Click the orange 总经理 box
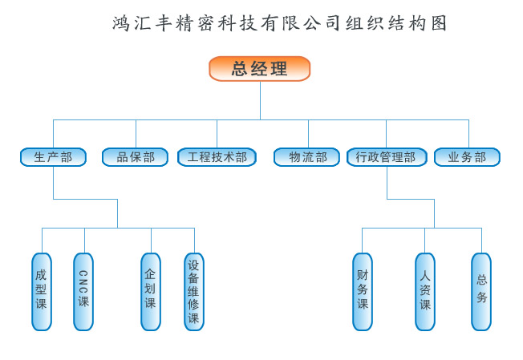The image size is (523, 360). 259,69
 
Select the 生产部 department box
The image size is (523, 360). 53,157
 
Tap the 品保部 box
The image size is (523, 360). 135,157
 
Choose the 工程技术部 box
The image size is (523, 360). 217,157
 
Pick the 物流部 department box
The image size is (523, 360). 308,157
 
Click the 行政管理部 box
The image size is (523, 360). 386,157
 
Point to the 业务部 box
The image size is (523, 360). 467,157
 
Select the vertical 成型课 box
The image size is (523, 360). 42,291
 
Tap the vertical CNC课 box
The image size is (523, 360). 83,291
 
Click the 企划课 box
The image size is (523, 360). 151,291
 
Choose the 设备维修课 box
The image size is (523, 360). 194,291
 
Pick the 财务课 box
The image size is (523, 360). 363,291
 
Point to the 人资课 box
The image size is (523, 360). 425,291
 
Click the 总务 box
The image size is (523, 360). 481,291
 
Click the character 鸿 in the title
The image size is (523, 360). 123,23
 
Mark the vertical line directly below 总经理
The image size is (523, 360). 260,100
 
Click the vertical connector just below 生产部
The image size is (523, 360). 54,183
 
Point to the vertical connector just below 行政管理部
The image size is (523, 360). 387,183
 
